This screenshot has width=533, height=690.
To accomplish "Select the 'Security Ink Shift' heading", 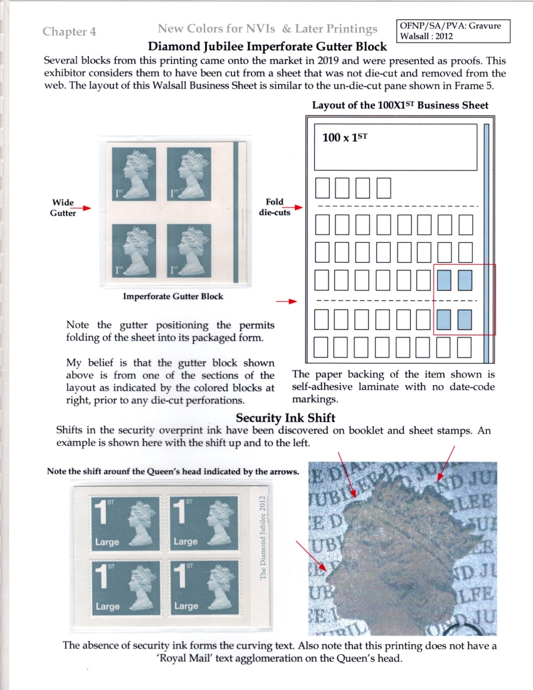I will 285,418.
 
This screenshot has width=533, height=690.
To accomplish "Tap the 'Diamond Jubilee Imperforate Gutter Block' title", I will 266,47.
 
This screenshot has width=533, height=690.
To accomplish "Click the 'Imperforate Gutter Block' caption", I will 173,297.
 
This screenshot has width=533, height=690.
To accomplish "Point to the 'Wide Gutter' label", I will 63,208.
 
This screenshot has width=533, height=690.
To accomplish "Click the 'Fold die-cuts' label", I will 275,207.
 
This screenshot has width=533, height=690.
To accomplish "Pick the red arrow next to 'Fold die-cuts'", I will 295,207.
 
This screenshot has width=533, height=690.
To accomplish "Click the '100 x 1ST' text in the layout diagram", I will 344,138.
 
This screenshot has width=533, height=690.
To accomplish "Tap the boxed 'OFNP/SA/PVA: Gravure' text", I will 445,26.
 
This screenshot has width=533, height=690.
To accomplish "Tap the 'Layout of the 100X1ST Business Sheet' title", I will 400,105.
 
